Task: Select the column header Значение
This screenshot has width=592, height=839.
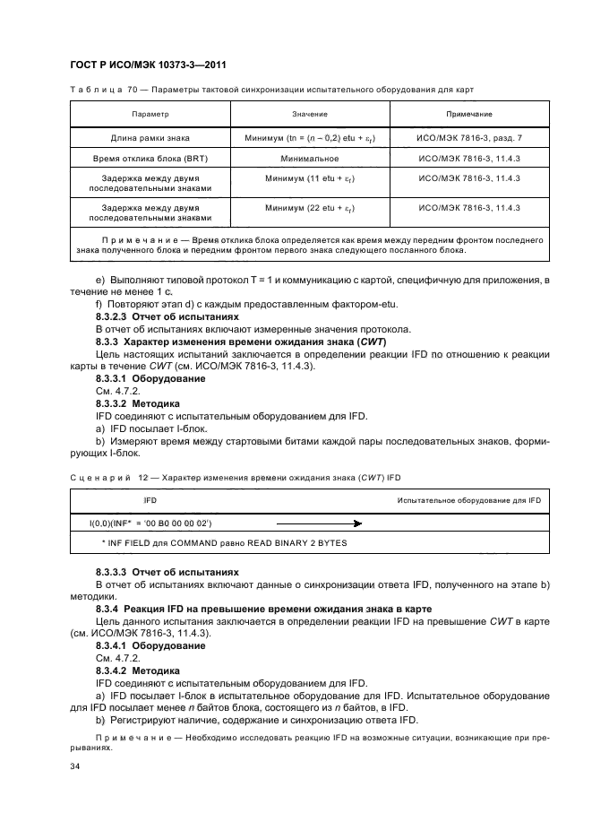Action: click(x=309, y=115)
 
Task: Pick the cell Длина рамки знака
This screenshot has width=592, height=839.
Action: click(x=150, y=138)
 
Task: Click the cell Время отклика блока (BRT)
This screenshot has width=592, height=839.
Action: click(x=150, y=158)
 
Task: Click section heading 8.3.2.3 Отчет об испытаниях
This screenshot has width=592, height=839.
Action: click(x=167, y=316)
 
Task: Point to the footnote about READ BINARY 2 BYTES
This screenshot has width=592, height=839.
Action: click(x=224, y=543)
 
